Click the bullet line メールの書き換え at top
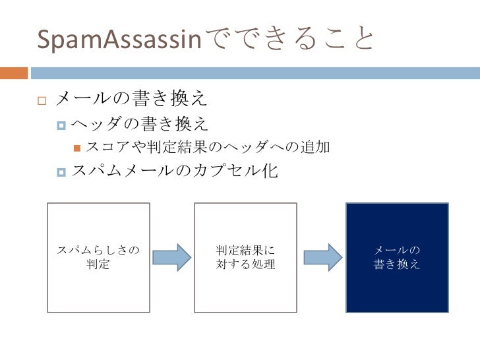[133, 100]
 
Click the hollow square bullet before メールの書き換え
[41, 101]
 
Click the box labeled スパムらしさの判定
[98, 257]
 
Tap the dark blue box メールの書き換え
[397, 257]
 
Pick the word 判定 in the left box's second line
[98, 265]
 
